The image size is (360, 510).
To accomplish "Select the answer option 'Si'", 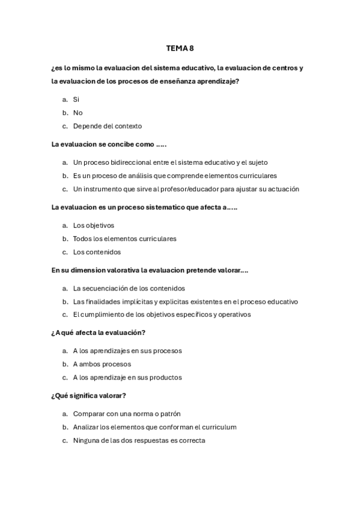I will click(76, 99).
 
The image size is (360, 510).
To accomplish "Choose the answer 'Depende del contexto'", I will click(107, 126).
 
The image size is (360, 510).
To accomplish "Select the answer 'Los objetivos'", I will click(93, 226).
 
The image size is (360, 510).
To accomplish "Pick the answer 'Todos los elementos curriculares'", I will click(124, 239).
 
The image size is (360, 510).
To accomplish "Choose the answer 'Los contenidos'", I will click(97, 252).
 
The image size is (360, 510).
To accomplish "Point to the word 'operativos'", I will click(234, 315).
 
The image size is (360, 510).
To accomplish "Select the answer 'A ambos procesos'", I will click(102, 364).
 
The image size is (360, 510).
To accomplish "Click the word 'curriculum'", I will click(219, 427).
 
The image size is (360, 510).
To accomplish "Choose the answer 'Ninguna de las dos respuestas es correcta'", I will click(139, 440).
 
